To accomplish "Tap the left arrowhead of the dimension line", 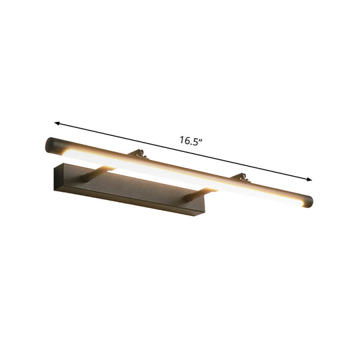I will [x=58, y=123].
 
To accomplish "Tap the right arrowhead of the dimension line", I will [x=309, y=178].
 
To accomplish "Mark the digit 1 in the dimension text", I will [x=181, y=140].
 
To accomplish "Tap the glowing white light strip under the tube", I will [x=180, y=180].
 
